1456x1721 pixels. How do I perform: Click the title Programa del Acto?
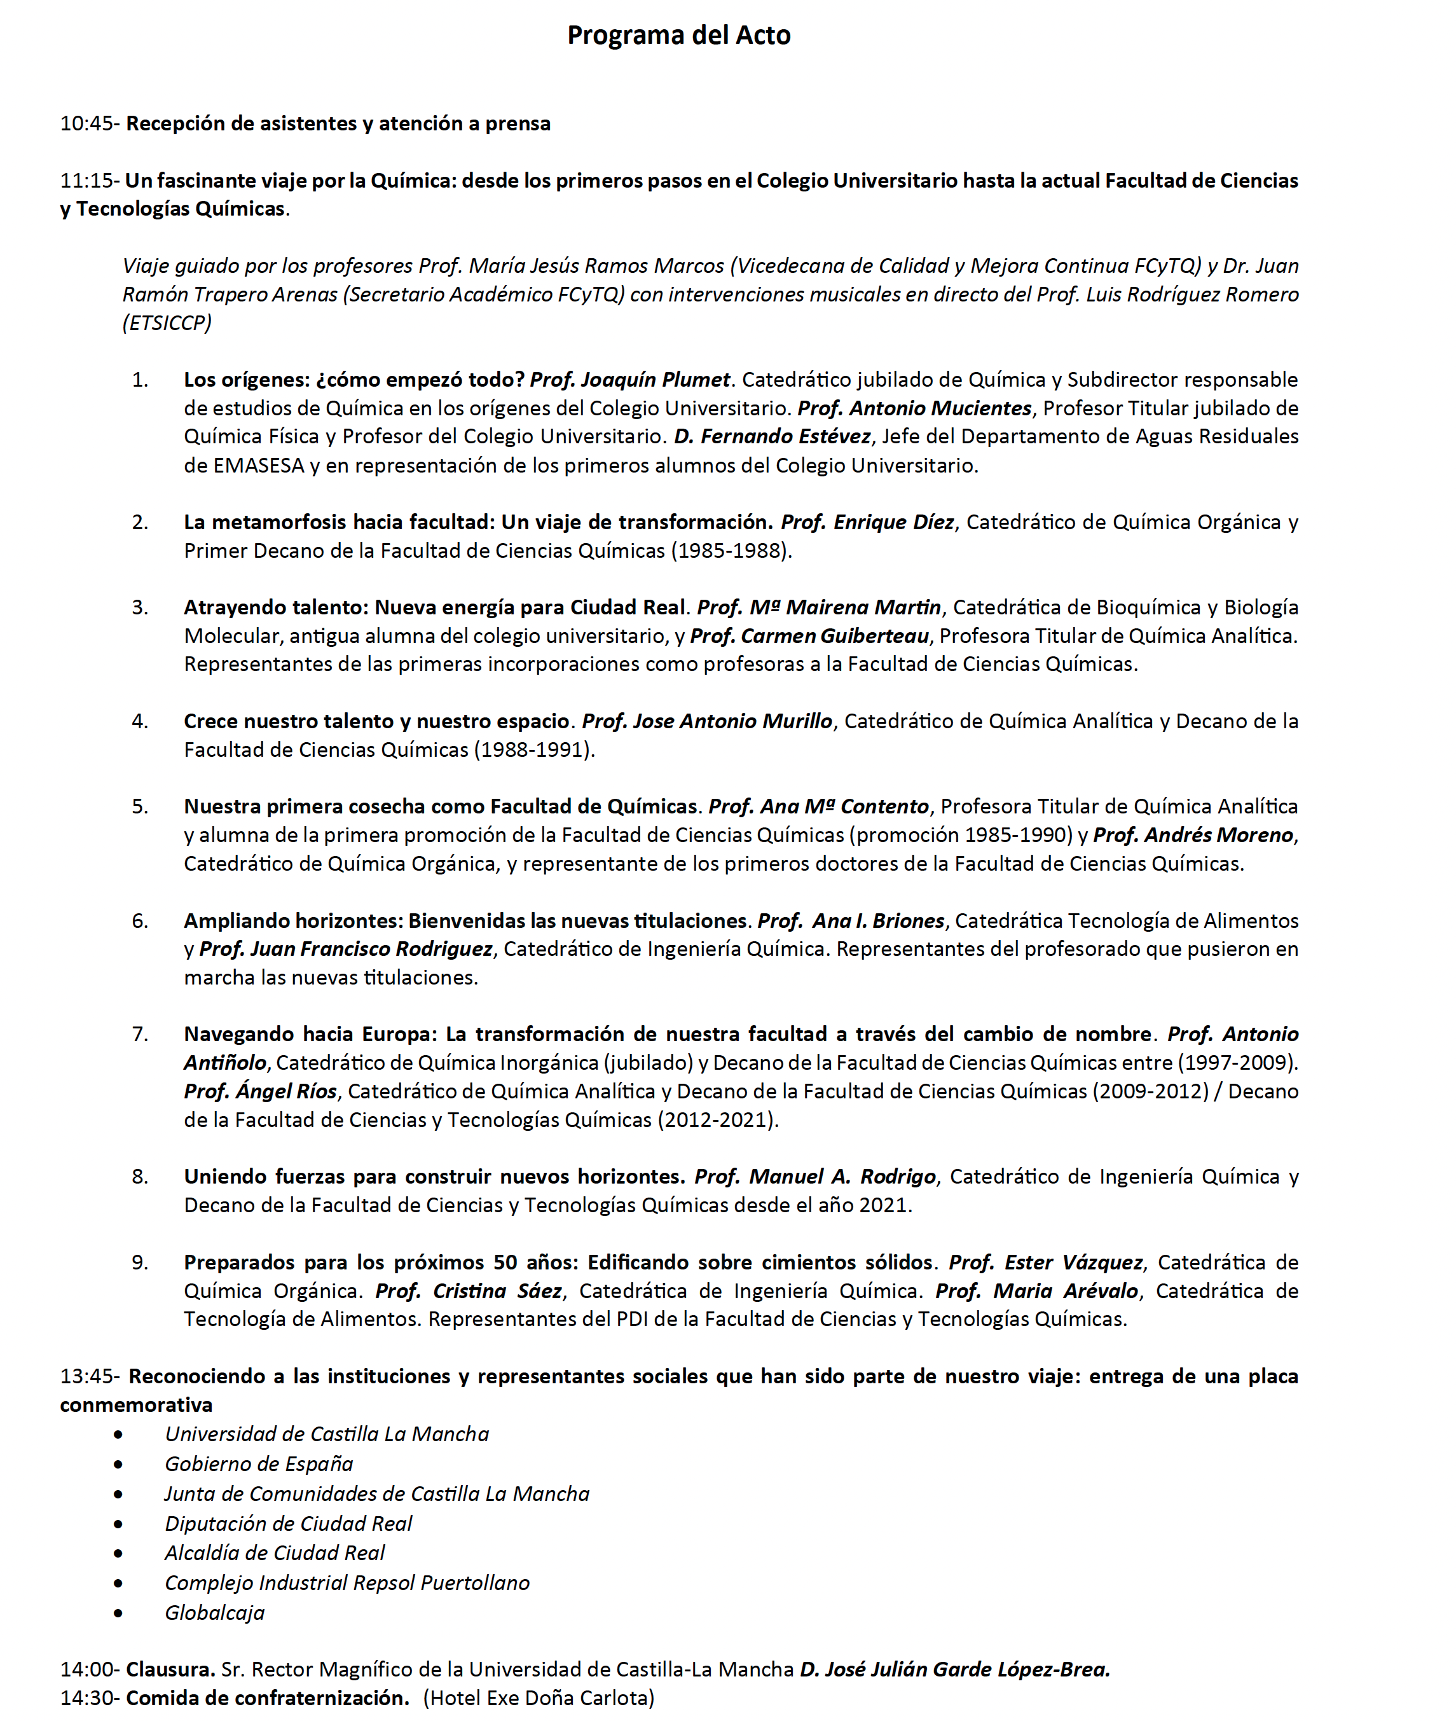(x=678, y=35)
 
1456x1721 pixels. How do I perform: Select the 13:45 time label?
(x=88, y=1376)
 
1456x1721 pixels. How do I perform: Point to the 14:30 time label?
(x=88, y=1698)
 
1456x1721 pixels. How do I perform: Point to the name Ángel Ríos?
(x=260, y=1091)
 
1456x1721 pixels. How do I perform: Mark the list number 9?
(x=139, y=1262)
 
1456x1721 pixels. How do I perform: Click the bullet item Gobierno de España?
(x=258, y=1463)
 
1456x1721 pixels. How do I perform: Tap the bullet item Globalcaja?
(x=215, y=1612)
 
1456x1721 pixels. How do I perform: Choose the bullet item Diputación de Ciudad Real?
(x=288, y=1523)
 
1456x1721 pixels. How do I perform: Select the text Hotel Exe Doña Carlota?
(x=539, y=1698)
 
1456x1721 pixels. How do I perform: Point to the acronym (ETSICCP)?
(x=167, y=322)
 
